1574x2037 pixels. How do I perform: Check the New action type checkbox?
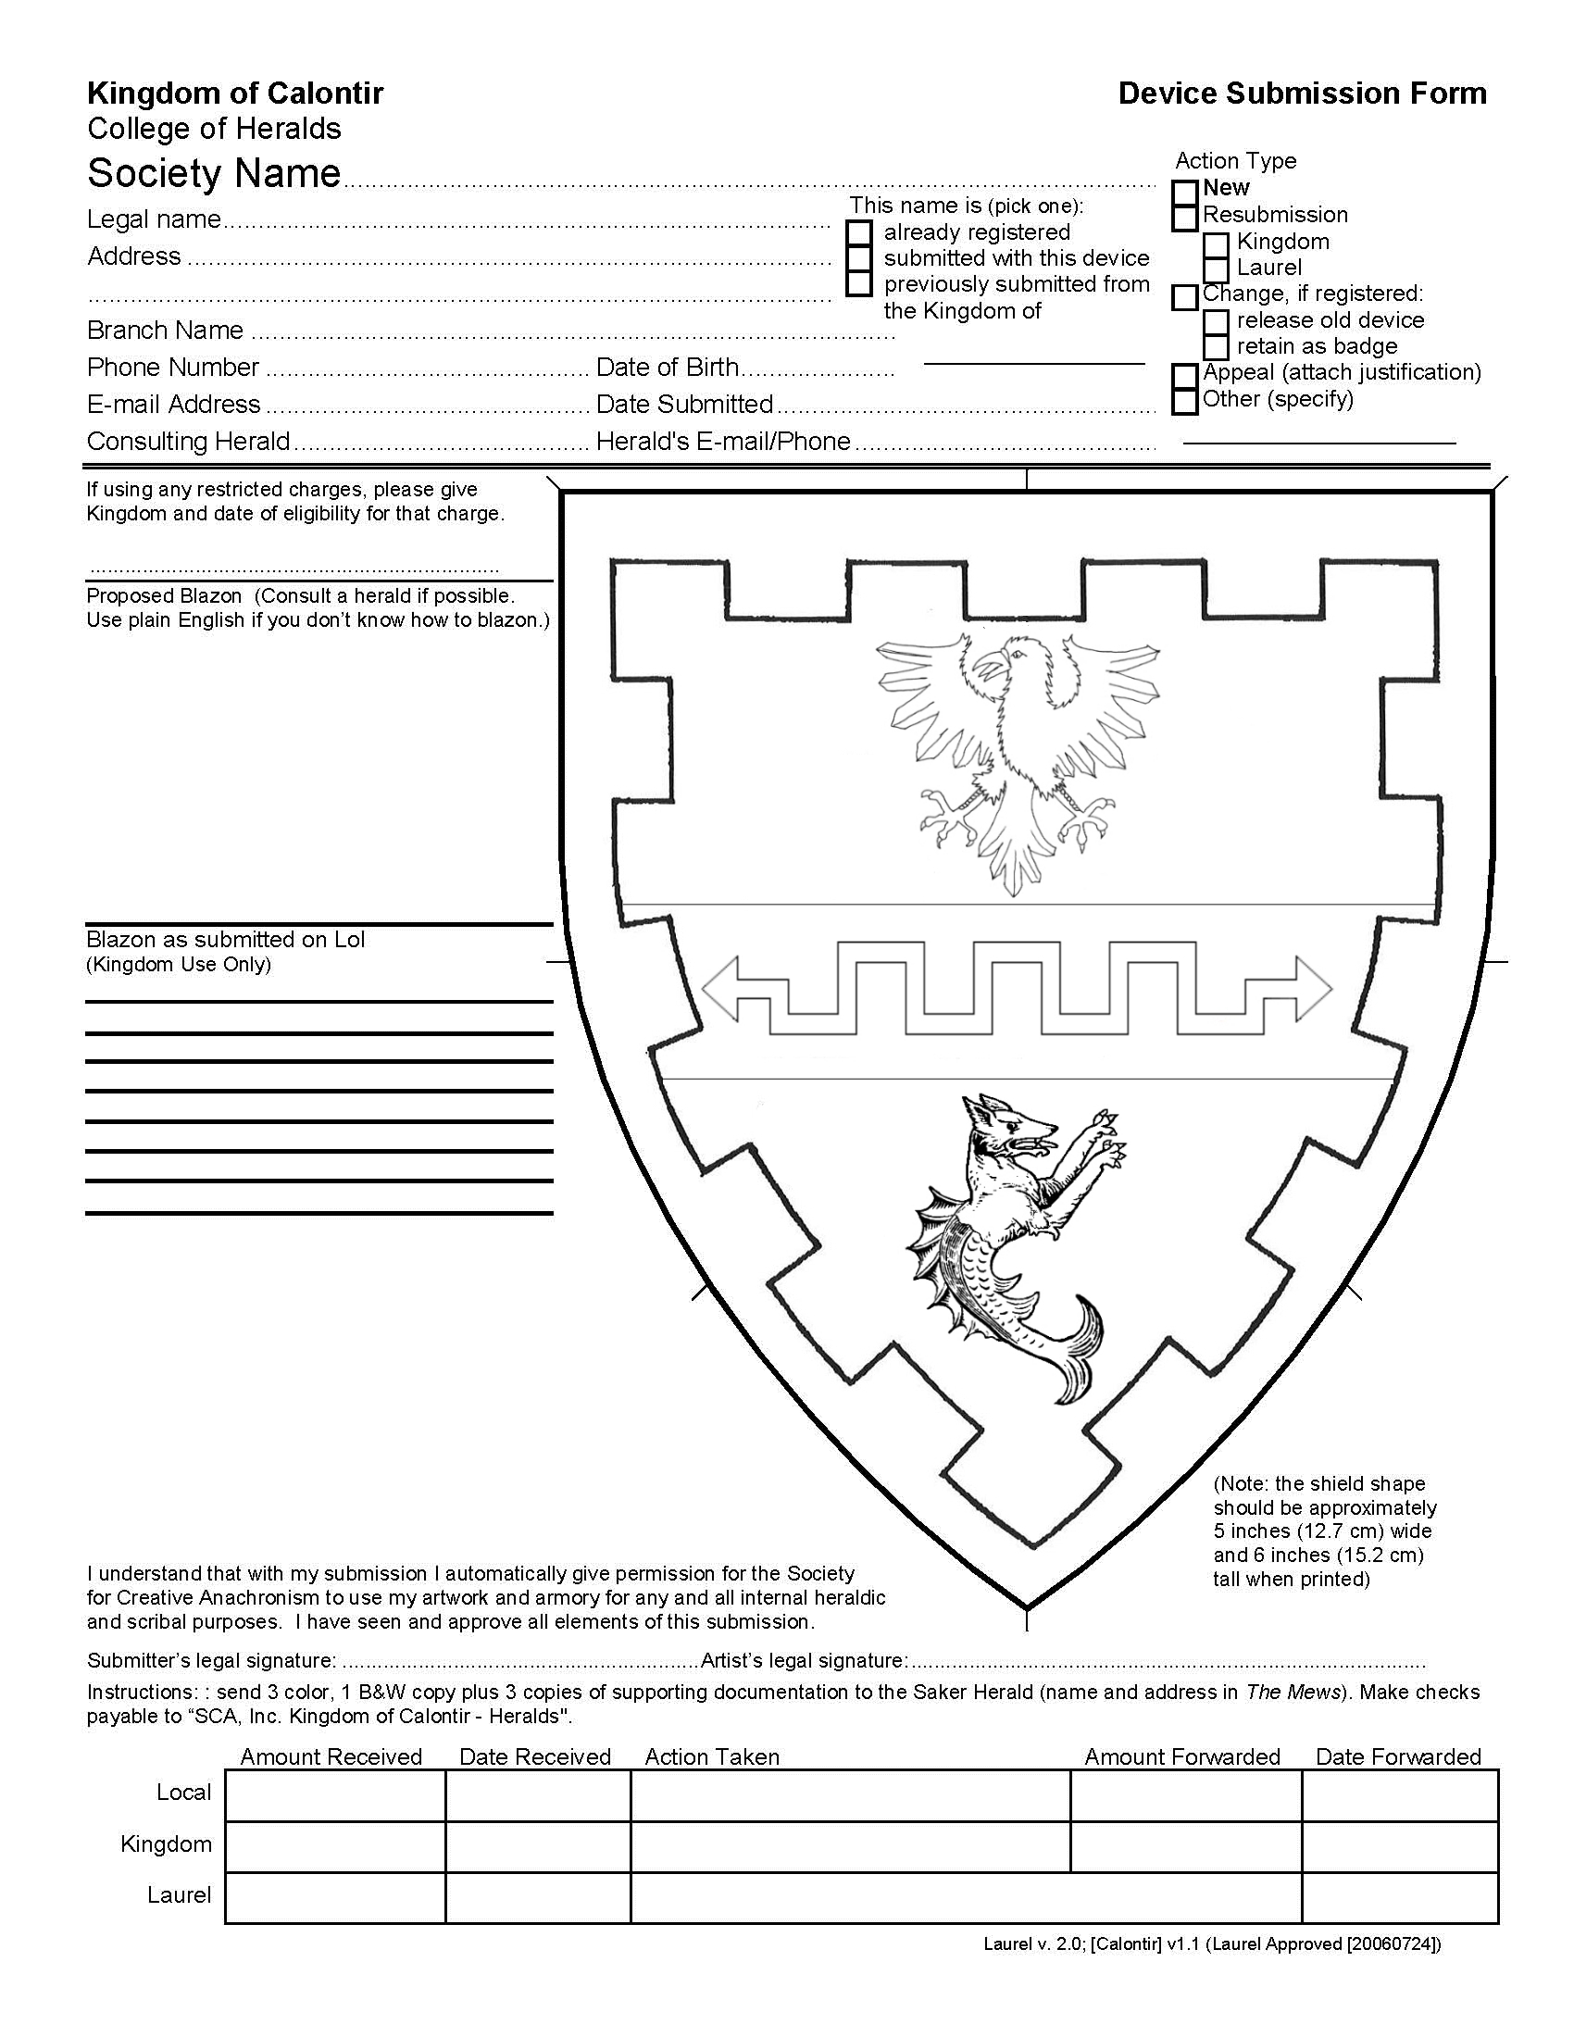click(x=1183, y=194)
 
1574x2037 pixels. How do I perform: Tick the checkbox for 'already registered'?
click(x=859, y=232)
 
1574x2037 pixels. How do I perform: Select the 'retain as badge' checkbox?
click(x=1215, y=347)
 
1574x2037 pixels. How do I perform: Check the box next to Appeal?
click(x=1183, y=375)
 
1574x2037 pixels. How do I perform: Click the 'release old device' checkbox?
click(x=1215, y=322)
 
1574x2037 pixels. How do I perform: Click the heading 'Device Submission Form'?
click(x=1302, y=94)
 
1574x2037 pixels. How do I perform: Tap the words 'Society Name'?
click(x=214, y=173)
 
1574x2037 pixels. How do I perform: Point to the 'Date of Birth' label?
click(x=667, y=368)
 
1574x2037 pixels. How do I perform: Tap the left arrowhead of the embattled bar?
click(x=722, y=988)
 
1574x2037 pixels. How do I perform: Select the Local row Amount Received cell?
click(x=335, y=1795)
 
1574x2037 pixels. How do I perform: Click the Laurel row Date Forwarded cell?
click(x=1399, y=1897)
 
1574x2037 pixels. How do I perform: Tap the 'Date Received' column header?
click(x=534, y=1757)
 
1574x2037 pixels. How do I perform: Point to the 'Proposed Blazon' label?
click(x=164, y=596)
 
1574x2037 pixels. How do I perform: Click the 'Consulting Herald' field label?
click(x=188, y=441)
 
